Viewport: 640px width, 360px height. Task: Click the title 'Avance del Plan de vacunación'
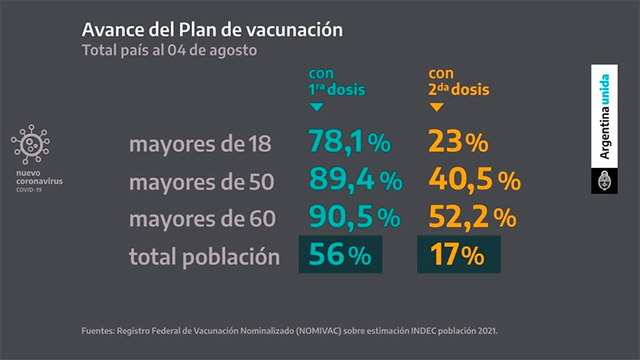[x=212, y=30]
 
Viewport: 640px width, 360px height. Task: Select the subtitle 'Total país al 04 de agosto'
[x=169, y=50]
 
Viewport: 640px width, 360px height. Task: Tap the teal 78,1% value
[x=350, y=143]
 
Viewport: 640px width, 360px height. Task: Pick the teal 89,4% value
[x=355, y=181]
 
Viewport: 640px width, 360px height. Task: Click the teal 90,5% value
[x=354, y=218]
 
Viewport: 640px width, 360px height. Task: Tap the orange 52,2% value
[x=473, y=218]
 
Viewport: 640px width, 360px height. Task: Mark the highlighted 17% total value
[x=458, y=255]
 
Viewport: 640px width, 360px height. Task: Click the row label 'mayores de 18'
[x=200, y=145]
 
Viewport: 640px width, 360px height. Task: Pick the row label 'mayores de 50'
[x=202, y=182]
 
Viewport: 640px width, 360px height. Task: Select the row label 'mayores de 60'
[x=202, y=219]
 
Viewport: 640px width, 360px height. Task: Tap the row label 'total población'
[x=205, y=257]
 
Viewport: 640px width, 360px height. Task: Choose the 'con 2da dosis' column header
[x=458, y=82]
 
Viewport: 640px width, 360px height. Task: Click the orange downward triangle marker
[x=436, y=106]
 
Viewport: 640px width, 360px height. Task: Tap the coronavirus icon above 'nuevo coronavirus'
[x=30, y=144]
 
